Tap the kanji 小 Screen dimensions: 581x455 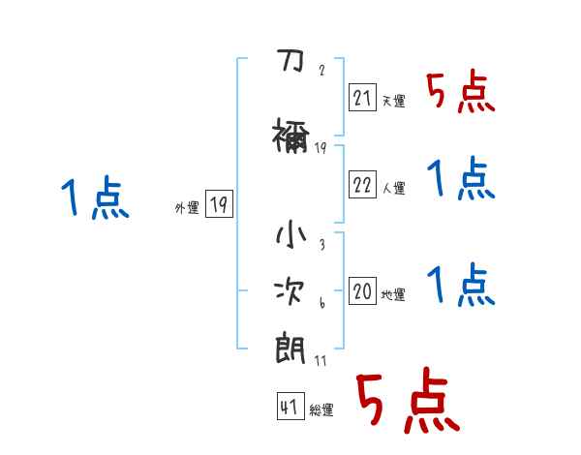(290, 236)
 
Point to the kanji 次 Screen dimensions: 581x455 (290, 291)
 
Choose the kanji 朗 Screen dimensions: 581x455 (290, 346)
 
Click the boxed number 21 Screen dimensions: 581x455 (363, 99)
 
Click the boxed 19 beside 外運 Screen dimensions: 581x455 (219, 205)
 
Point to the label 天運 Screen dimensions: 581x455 (393, 102)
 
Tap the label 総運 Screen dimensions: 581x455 (321, 410)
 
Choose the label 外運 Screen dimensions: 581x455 (187, 208)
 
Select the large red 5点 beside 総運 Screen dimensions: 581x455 (407, 402)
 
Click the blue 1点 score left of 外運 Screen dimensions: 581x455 (95, 199)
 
